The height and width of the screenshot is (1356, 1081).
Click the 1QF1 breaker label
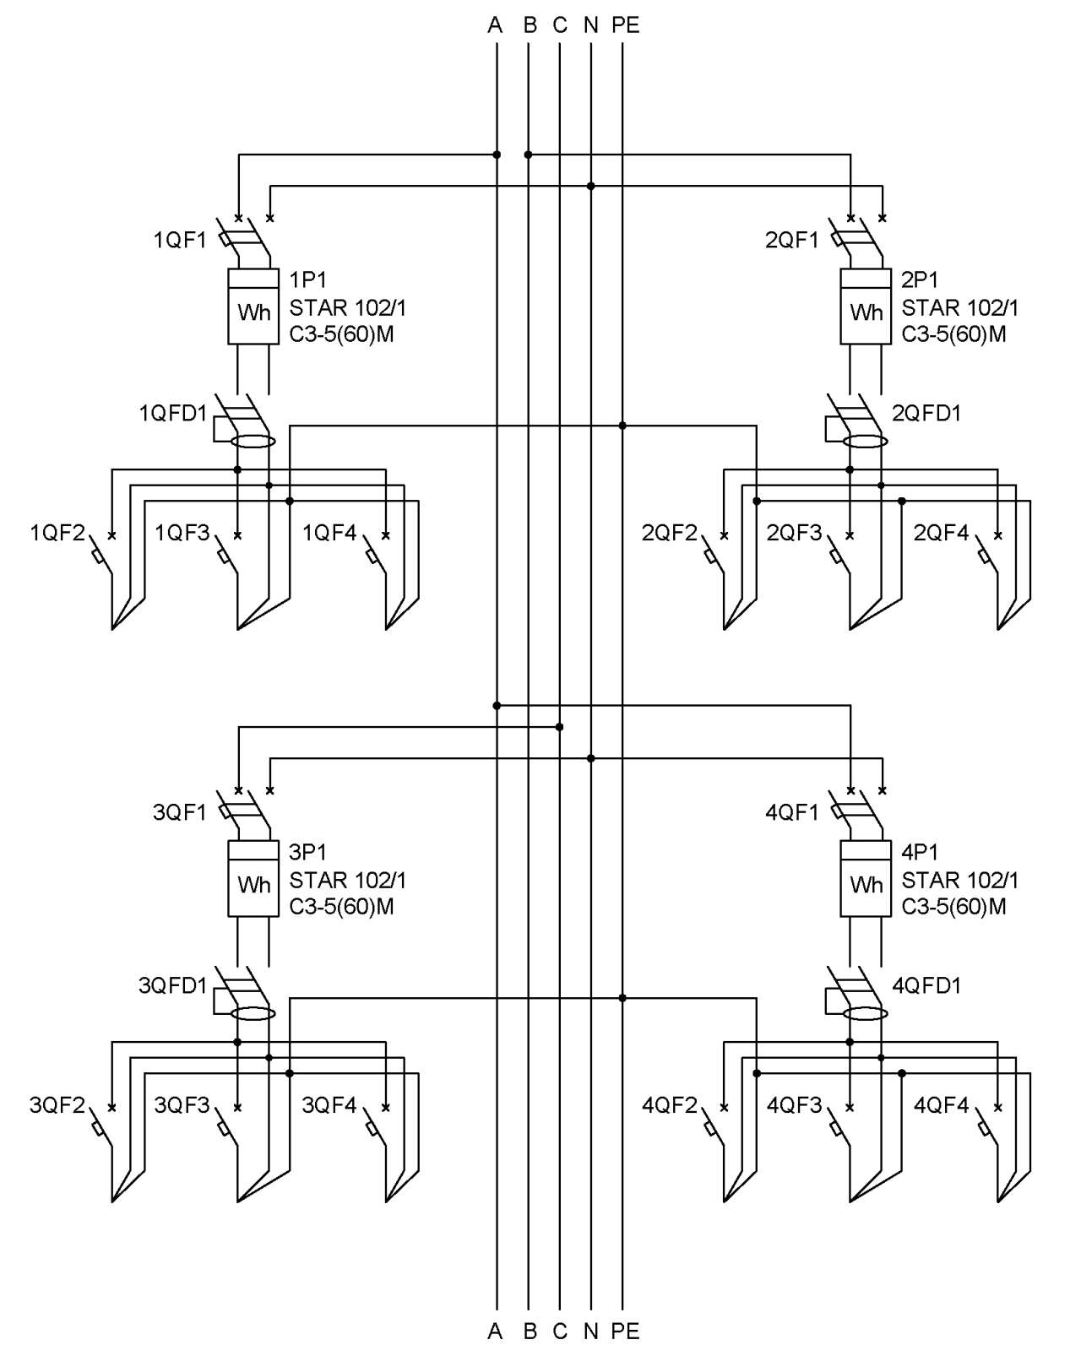click(180, 240)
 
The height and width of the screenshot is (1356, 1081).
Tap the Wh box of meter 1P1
click(253, 306)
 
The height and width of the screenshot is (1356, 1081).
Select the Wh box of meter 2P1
click(866, 306)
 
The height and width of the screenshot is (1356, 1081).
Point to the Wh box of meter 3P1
click(253, 878)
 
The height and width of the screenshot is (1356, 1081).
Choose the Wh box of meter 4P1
click(866, 878)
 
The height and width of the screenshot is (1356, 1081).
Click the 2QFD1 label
click(926, 414)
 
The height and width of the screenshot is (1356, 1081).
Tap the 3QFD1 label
click(173, 985)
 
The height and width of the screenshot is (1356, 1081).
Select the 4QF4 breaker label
click(941, 1104)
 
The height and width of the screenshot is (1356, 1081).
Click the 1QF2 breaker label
click(57, 533)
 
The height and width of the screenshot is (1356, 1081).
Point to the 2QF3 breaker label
click(794, 533)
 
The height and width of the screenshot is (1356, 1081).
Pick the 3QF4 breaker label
click(329, 1104)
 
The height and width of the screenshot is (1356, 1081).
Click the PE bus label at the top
click(625, 25)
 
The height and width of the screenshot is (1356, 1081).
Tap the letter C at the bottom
click(560, 1332)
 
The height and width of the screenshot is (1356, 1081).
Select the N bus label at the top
click(590, 25)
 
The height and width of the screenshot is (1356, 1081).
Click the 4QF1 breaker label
click(791, 812)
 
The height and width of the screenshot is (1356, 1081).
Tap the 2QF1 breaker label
click(791, 240)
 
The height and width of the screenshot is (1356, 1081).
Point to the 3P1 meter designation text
click(307, 852)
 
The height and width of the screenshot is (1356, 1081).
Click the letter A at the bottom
click(495, 1332)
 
